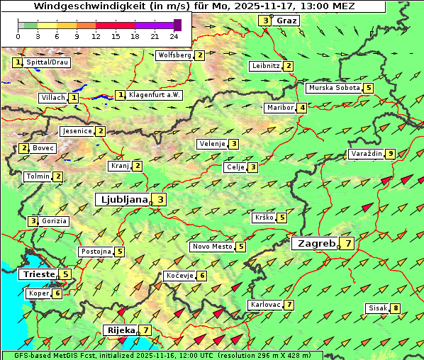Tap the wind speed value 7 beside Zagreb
(x=348, y=244)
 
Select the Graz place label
(x=286, y=21)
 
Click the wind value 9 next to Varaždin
(x=391, y=154)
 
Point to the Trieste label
(x=39, y=274)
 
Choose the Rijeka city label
(x=121, y=330)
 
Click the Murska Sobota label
(x=333, y=88)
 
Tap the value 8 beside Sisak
(x=396, y=308)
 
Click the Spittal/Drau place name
(x=47, y=62)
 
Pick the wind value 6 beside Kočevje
(x=202, y=276)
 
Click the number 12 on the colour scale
(x=95, y=36)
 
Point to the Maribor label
(x=279, y=108)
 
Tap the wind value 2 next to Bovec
(x=24, y=148)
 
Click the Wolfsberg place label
(x=174, y=55)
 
